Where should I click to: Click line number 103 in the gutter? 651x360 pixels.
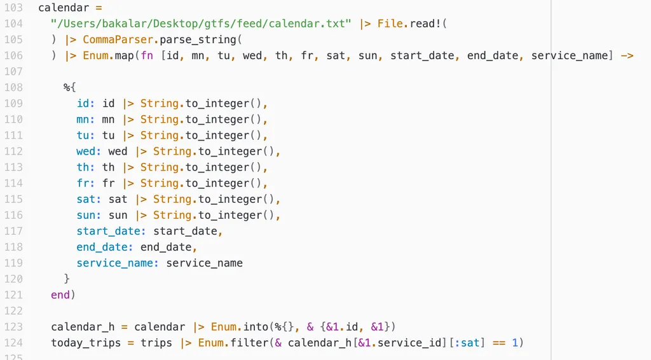(13, 8)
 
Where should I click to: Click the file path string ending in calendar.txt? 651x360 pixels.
(201, 24)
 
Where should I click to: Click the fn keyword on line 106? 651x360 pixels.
(147, 55)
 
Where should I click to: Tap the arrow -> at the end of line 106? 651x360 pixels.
(627, 55)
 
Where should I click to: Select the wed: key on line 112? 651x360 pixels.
(89, 151)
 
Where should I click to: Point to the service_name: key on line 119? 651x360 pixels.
(118, 263)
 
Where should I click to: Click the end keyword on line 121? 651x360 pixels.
(60, 294)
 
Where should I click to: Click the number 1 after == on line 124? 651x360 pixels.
(516, 343)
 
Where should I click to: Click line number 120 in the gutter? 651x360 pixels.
(13, 279)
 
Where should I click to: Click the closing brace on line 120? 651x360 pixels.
(67, 279)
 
